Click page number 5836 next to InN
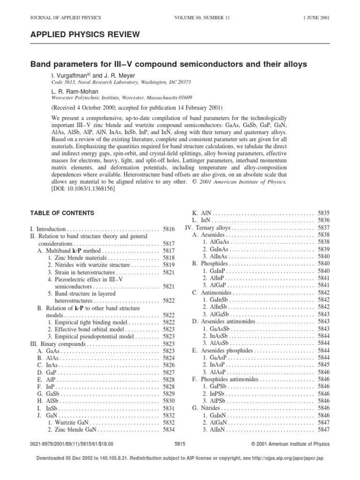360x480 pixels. [323, 220]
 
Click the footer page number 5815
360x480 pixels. [180, 444]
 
